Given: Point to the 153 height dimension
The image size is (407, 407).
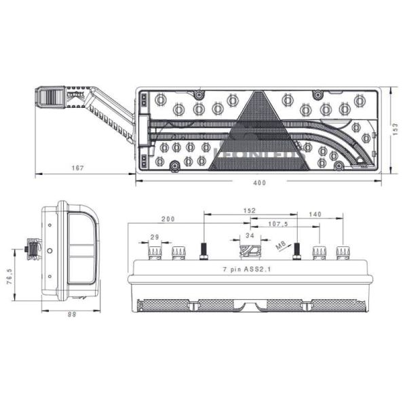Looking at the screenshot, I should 395,130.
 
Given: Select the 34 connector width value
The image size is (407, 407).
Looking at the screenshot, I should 250,235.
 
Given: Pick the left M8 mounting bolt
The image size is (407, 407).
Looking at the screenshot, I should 203,252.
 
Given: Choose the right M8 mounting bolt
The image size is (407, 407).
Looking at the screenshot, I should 296,252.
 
